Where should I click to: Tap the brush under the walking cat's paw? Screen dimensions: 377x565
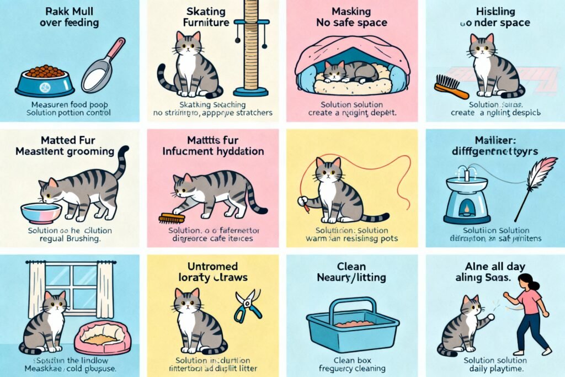click(170, 218)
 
